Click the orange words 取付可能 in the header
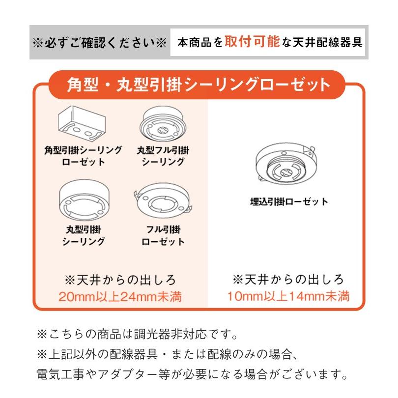coord(252,41)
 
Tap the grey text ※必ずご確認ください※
coord(99,43)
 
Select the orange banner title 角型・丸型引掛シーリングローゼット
coord(198,85)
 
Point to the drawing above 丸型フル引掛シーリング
coord(163,124)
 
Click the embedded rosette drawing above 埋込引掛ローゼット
coord(286,164)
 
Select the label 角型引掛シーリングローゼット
coord(83,156)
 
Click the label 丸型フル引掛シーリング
coord(163,156)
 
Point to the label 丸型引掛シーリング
coord(84,235)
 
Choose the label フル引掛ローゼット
coord(163,235)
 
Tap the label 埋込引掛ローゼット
coord(289,202)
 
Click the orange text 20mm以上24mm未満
coord(120,296)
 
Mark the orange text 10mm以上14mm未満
coord(288,296)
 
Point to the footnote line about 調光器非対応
coord(137,334)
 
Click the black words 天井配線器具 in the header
coord(327,42)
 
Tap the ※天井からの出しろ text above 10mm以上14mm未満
coord(288,280)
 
